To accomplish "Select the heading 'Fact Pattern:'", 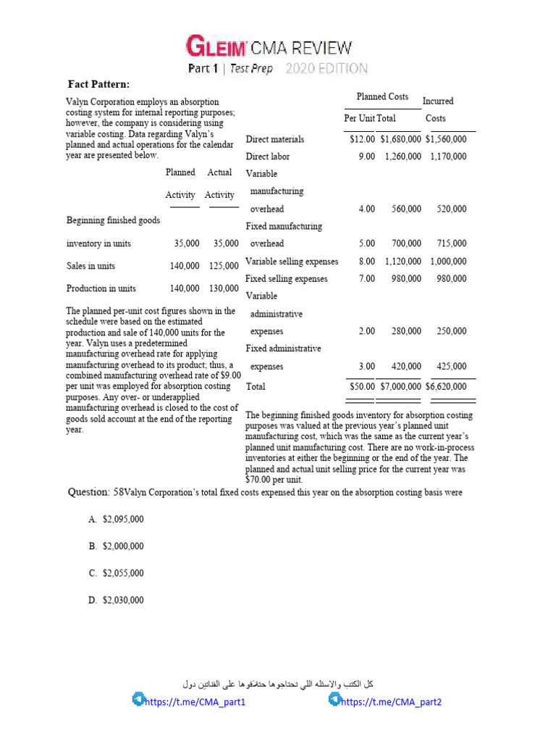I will (x=99, y=85).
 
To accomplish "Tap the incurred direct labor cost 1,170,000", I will (x=448, y=157).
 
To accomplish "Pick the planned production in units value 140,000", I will (x=185, y=288).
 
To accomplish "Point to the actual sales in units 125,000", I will (x=223, y=266).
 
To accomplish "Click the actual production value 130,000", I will (x=223, y=288).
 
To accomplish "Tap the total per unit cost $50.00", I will (x=362, y=387).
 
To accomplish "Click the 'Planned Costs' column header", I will (x=382, y=97).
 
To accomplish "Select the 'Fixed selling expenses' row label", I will (x=287, y=279).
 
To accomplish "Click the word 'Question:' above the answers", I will (x=88, y=493).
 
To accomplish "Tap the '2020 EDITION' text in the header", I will (x=327, y=70).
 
